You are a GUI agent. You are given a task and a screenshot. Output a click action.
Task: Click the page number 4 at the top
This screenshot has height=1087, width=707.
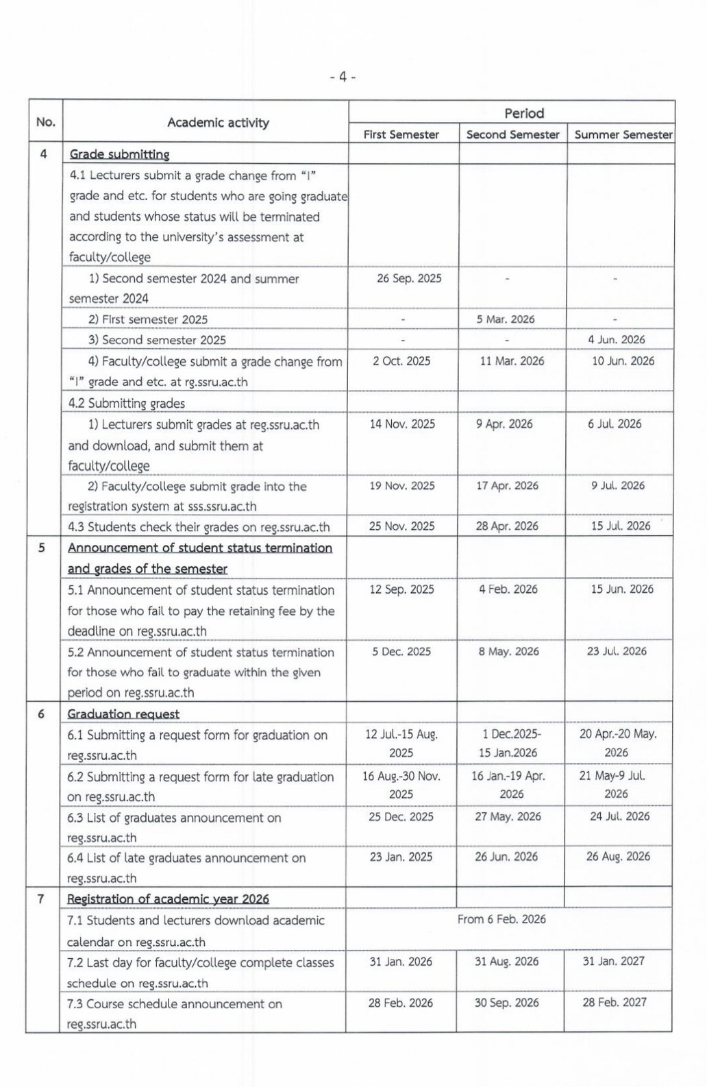(x=343, y=77)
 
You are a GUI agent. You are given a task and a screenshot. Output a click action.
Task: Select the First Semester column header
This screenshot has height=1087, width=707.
(x=401, y=134)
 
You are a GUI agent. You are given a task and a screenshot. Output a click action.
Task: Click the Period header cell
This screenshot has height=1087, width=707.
(x=524, y=113)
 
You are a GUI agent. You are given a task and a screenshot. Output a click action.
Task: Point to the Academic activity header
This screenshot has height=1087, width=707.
(x=218, y=123)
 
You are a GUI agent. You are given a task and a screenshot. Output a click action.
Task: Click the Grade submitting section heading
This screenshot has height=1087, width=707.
(x=119, y=154)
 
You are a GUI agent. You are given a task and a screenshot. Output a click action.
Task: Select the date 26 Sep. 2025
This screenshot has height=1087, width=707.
(x=409, y=278)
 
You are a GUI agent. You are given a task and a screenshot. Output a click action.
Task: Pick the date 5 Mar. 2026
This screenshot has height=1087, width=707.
(x=506, y=319)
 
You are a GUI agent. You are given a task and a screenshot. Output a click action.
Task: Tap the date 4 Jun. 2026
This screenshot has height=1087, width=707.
(x=616, y=339)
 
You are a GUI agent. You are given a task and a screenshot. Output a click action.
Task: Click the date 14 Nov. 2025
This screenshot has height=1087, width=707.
(x=402, y=424)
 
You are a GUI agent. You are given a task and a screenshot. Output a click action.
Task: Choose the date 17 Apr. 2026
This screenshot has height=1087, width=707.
(x=507, y=485)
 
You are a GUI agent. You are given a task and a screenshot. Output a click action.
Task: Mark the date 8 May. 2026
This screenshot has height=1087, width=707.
(x=508, y=651)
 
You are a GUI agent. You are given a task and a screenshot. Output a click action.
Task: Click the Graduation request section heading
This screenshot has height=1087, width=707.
(x=123, y=713)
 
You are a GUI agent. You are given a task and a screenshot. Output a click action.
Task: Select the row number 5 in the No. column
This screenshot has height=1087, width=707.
(x=42, y=548)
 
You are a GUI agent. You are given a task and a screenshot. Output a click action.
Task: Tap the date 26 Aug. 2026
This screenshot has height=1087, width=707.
(x=618, y=856)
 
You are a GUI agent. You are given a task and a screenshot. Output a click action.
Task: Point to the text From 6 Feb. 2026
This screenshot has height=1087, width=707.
(x=501, y=919)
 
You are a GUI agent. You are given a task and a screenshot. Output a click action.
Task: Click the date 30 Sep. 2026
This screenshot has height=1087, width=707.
(x=506, y=1003)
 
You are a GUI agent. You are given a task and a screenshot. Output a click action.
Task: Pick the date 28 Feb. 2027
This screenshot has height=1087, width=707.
(x=615, y=1002)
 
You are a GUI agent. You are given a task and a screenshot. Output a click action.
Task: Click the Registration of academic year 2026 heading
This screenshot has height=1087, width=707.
(x=168, y=899)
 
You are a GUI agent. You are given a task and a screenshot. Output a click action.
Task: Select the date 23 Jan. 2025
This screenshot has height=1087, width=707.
(x=401, y=857)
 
